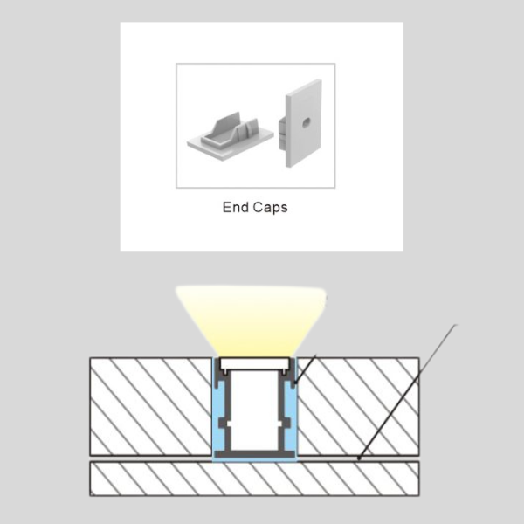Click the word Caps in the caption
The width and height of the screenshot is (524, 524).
(270, 208)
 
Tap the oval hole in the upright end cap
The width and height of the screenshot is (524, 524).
(307, 123)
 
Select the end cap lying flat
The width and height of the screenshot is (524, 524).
(230, 137)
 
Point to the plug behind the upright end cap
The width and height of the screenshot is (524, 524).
(282, 134)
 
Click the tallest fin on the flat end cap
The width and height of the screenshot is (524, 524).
(229, 124)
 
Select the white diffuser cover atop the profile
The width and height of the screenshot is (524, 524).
(255, 363)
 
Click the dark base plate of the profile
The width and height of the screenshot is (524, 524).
(255, 454)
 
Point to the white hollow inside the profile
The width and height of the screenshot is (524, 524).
(255, 410)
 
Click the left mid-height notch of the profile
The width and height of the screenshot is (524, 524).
(224, 424)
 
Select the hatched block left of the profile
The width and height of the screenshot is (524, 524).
(151, 407)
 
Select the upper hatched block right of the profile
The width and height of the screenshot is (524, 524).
(358, 407)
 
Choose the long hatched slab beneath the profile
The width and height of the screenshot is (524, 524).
(254, 479)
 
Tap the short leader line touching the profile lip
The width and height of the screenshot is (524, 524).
(305, 369)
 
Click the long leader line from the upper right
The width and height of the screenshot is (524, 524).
(407, 391)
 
